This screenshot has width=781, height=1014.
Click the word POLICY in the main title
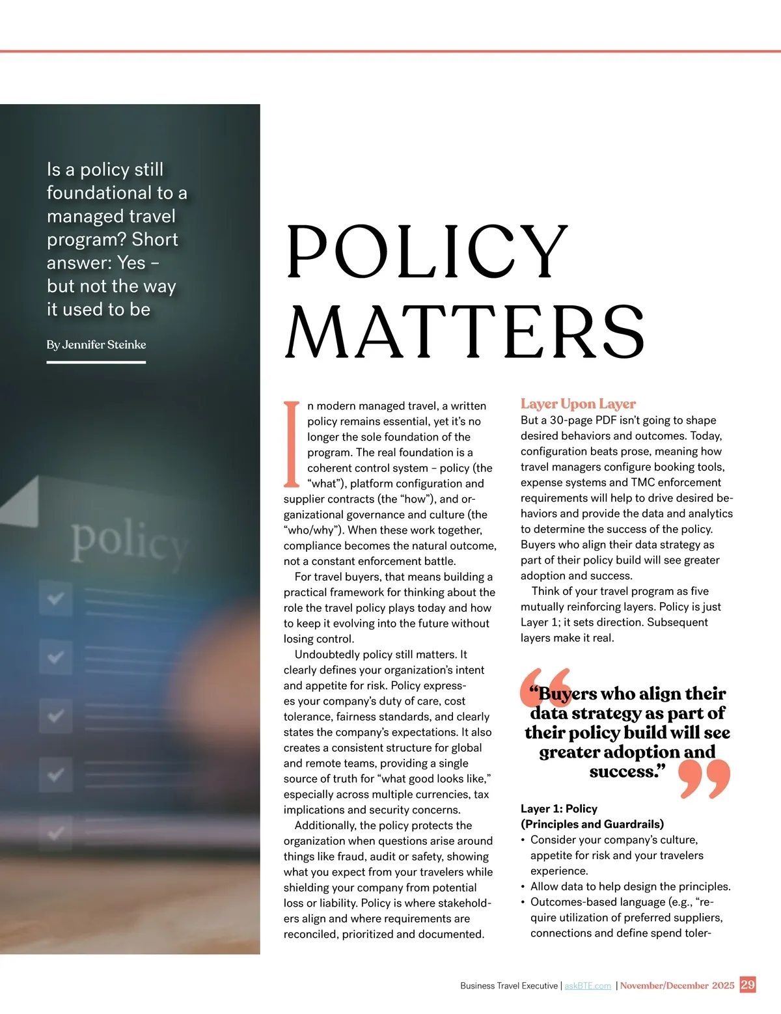coord(426,252)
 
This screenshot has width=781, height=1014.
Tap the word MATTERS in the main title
coord(465,331)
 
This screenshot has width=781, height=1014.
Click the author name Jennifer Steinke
coord(104,345)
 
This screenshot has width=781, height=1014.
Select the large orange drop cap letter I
coord(292,444)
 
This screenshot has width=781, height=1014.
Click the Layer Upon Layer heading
coord(578,404)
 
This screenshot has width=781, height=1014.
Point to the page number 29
coord(748,985)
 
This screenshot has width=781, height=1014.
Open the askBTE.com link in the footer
coord(588,986)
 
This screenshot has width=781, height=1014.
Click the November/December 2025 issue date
coord(677,985)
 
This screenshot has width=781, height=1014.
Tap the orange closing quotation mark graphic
coord(704,779)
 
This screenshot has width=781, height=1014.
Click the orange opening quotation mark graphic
coord(545,687)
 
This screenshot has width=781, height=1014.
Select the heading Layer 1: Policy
coord(558,809)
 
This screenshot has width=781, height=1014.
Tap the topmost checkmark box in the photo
coord(55,597)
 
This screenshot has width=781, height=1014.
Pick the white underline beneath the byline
coord(96,362)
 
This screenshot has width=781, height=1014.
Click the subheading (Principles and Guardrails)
coord(592,825)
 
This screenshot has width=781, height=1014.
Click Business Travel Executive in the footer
coord(508,986)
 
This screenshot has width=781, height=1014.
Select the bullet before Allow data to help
coord(523,887)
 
